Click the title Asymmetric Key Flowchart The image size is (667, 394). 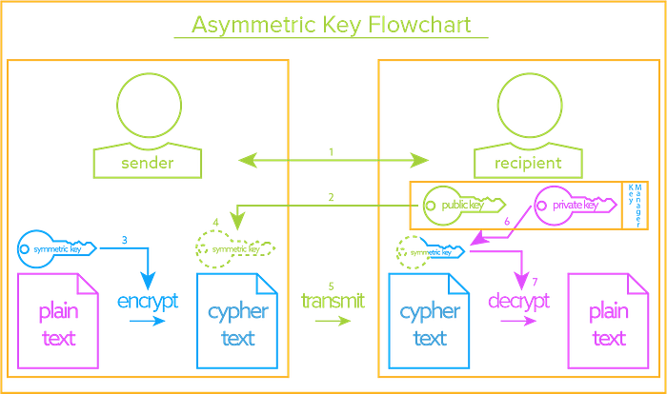(x=331, y=26)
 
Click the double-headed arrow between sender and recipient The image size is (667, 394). (x=331, y=161)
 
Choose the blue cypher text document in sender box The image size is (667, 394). (x=234, y=320)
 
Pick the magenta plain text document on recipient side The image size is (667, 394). (x=604, y=320)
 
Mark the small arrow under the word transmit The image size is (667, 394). (x=332, y=322)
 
